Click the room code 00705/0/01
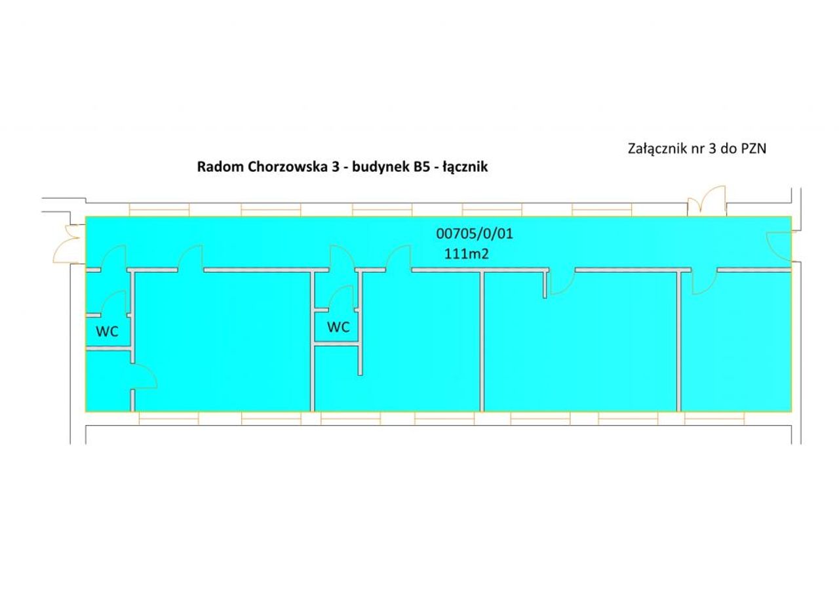point(475,234)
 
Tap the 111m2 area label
point(467,254)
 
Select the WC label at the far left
point(107,331)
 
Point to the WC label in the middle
point(339,327)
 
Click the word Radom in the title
point(221,167)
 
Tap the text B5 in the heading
point(421,167)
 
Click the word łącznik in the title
point(465,167)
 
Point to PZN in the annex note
point(754,149)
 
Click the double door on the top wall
point(707,201)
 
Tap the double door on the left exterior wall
point(67,244)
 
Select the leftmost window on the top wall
point(159,210)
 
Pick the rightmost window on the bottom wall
point(714,419)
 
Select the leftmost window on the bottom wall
point(168,419)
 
